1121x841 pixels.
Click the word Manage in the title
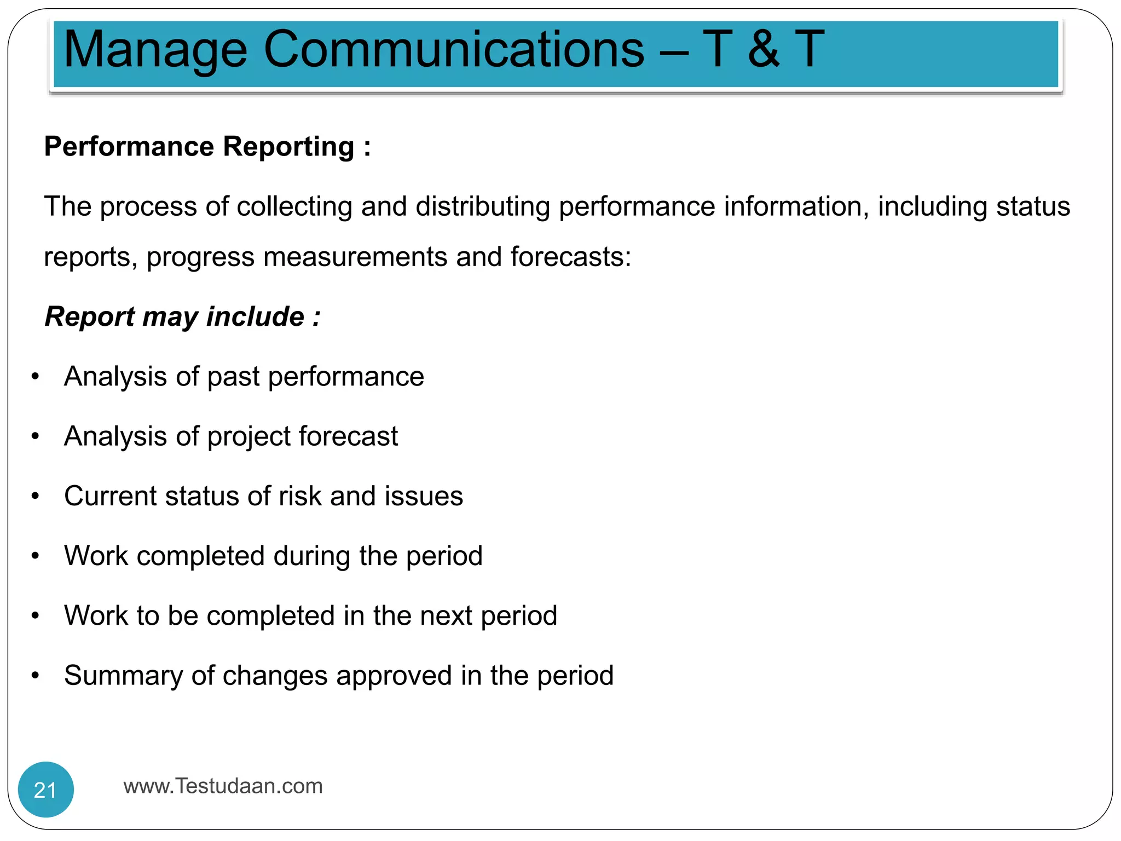[x=155, y=50]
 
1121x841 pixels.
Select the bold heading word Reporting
[x=288, y=147]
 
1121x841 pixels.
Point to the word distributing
[x=482, y=207]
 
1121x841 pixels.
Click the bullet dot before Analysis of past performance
[x=36, y=377]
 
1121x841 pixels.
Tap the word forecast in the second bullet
[x=348, y=436]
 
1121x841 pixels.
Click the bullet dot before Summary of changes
[x=36, y=676]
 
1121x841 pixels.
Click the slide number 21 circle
[x=45, y=790]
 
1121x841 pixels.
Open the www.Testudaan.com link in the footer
[x=223, y=786]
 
